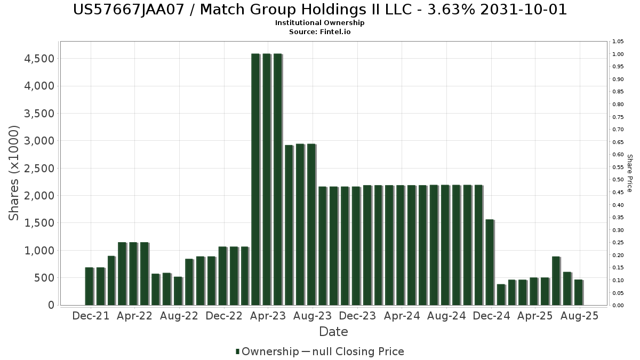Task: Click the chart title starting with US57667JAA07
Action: coord(319,10)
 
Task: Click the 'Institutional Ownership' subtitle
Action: coord(319,23)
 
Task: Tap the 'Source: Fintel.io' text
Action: coord(319,31)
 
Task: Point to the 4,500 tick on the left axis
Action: coord(39,58)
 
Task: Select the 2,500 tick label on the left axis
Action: coord(39,168)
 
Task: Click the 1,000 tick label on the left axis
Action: coord(39,250)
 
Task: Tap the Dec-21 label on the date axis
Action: coord(91,316)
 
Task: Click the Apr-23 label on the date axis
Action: coord(269,316)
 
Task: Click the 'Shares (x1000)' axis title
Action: coord(14,173)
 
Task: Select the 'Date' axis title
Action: coord(333,332)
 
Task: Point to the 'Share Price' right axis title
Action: coord(629,173)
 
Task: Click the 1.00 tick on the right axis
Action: coord(619,54)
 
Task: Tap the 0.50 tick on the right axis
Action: coord(619,180)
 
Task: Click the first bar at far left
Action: coord(89,286)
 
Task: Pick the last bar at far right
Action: coord(578,292)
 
